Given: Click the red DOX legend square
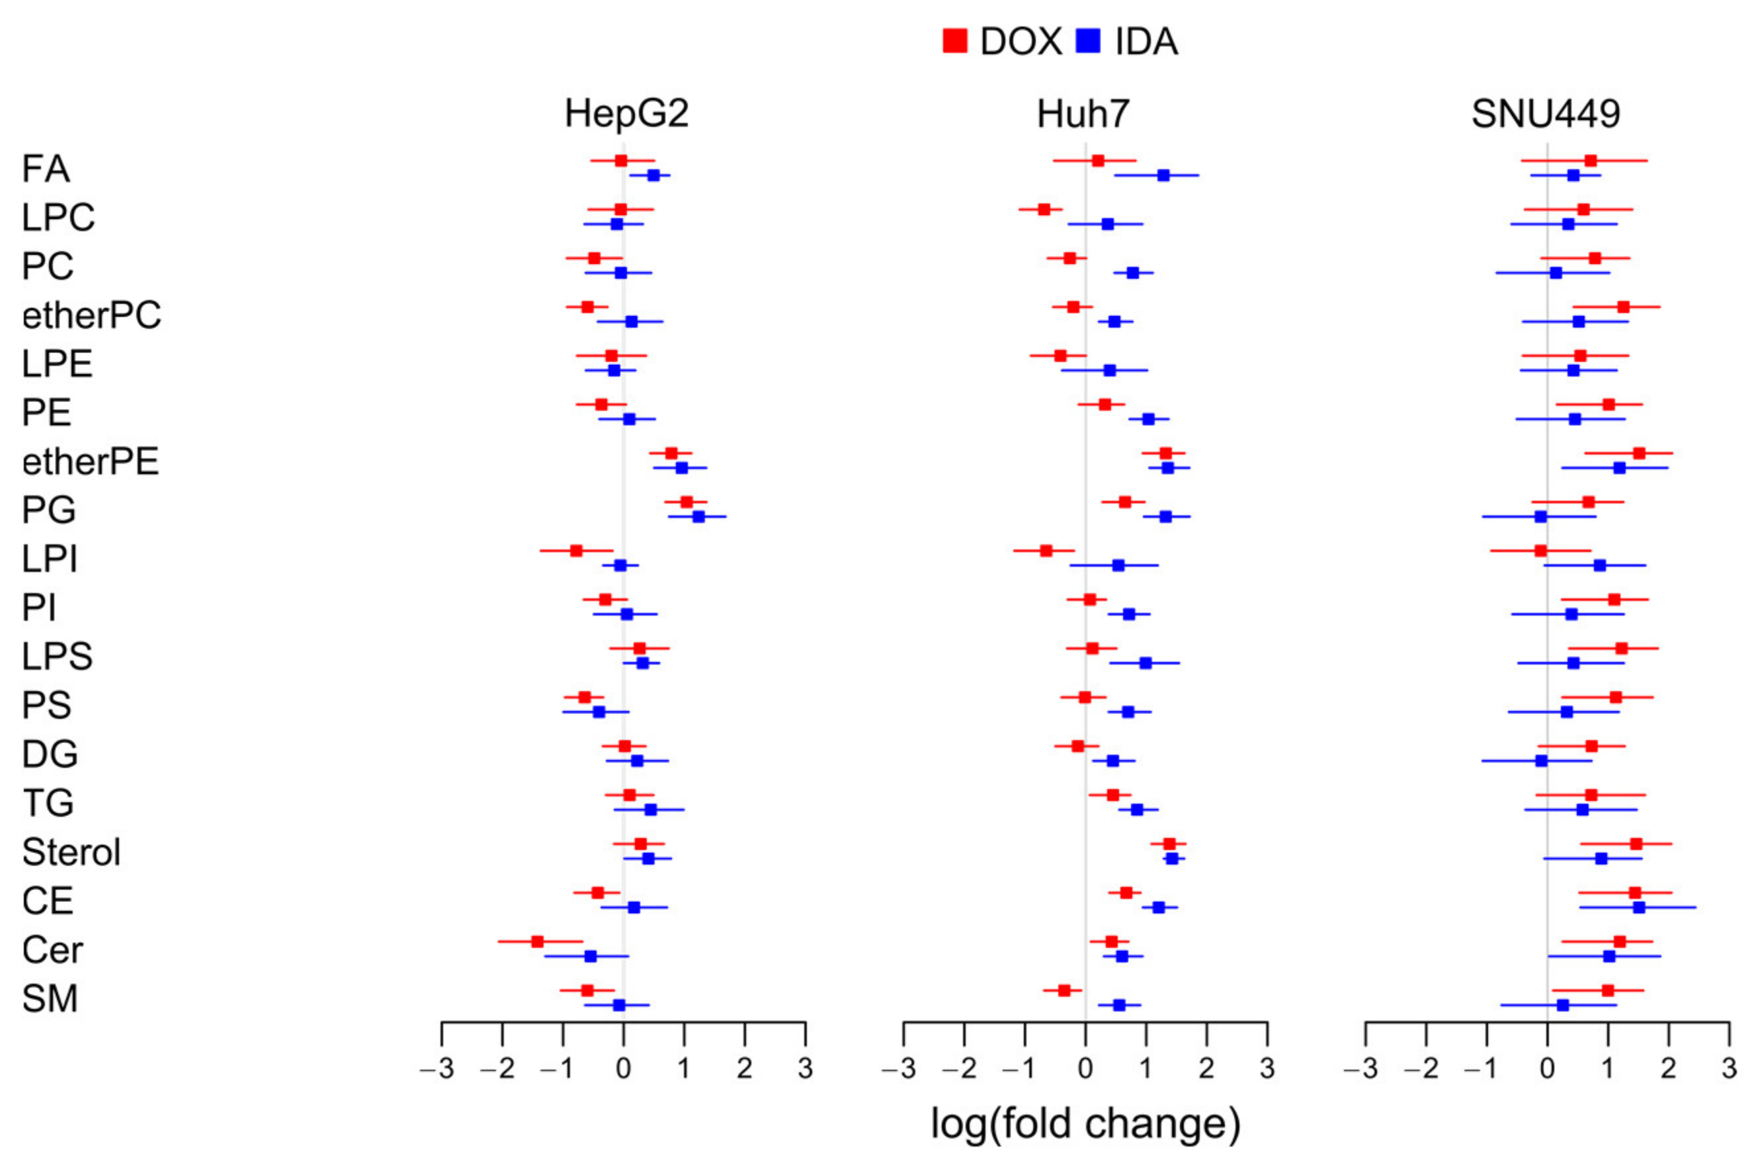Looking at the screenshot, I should coord(954,41).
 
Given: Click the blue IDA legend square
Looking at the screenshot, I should coord(1089,41).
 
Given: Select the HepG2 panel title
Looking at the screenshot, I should coord(626,114).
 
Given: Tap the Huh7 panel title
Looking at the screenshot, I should coord(1083,114).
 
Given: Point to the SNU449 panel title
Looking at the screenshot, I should coord(1545,114).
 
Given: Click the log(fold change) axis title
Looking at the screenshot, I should coord(1085,1123).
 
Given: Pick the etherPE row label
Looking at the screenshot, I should coord(90,462).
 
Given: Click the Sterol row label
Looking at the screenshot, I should coord(71,852).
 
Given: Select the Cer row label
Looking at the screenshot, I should coord(52,949).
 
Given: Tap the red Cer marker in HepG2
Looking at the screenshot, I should coord(537,942).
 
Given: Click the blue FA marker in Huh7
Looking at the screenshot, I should coord(1163,175).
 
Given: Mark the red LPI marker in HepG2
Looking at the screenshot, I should coord(575,551).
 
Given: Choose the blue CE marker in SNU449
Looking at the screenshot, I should coord(1639,907).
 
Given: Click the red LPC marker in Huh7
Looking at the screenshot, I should coord(1044,210).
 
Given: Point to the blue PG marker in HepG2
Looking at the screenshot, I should coord(698,516).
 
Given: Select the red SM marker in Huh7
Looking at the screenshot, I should coord(1064,990).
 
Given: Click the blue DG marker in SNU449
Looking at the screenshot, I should coord(1542,760).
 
